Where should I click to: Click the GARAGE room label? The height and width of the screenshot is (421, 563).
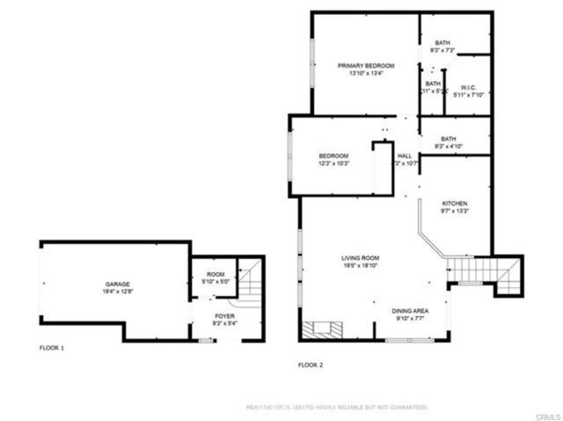(x=118, y=284)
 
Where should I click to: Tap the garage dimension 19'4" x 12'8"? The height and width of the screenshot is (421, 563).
(x=118, y=292)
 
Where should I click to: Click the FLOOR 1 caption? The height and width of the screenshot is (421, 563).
(x=52, y=348)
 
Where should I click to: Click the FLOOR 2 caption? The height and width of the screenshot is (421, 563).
(x=311, y=364)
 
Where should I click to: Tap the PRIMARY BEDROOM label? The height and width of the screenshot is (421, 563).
(x=366, y=66)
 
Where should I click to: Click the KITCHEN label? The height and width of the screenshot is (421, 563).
(x=454, y=203)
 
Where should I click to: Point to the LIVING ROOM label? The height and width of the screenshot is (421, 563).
(x=361, y=258)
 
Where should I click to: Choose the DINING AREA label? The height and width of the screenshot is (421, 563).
(x=410, y=310)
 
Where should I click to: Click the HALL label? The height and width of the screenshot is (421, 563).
(x=405, y=156)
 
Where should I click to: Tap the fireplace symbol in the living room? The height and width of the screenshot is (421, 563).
(x=322, y=330)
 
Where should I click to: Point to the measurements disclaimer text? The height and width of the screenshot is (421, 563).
(x=336, y=408)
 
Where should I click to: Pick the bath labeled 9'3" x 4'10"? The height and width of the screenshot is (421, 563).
(x=449, y=143)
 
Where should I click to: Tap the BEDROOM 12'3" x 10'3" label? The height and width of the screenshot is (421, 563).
(x=334, y=159)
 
